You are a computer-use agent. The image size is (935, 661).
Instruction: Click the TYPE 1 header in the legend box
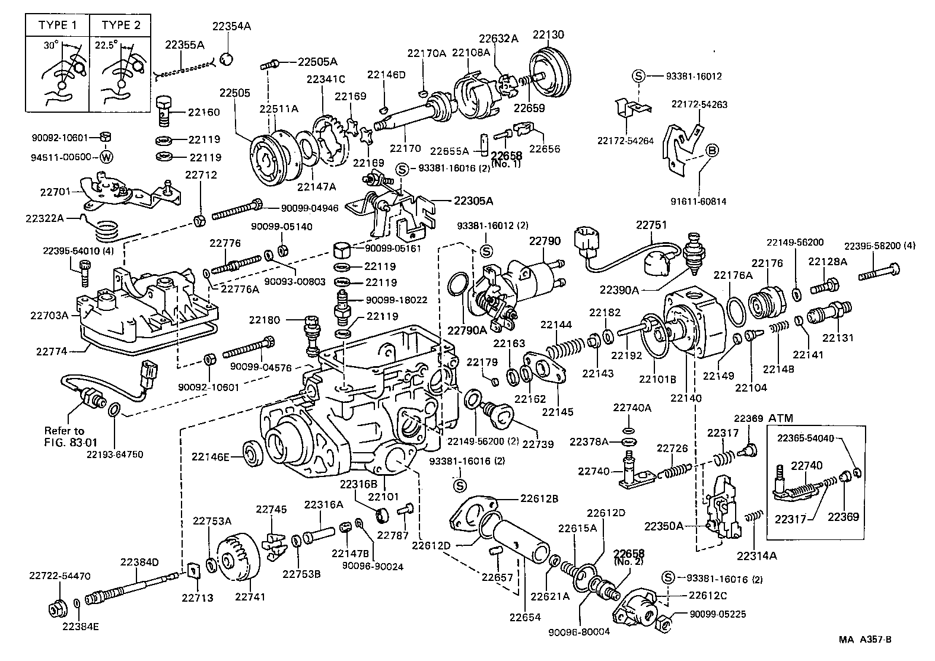[x=58, y=25]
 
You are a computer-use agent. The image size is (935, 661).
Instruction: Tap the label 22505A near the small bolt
[x=317, y=62]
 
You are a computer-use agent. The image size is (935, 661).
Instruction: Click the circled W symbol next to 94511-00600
[x=106, y=157]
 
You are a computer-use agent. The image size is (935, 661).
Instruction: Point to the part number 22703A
[x=49, y=315]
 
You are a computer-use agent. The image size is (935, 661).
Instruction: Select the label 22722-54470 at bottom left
[x=60, y=576]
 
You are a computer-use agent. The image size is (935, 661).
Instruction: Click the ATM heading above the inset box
[x=781, y=418]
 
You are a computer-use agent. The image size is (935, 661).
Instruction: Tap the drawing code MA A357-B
[x=865, y=640]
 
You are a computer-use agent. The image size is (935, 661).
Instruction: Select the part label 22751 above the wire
[x=651, y=225]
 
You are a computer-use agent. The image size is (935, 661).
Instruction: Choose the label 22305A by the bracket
[x=473, y=201]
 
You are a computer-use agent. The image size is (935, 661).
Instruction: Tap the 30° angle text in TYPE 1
[x=50, y=45]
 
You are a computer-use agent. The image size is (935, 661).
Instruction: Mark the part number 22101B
[x=657, y=379]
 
